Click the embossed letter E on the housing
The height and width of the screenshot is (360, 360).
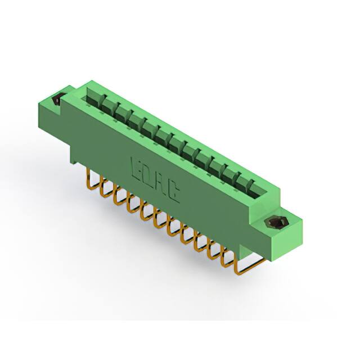coord(137,167)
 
